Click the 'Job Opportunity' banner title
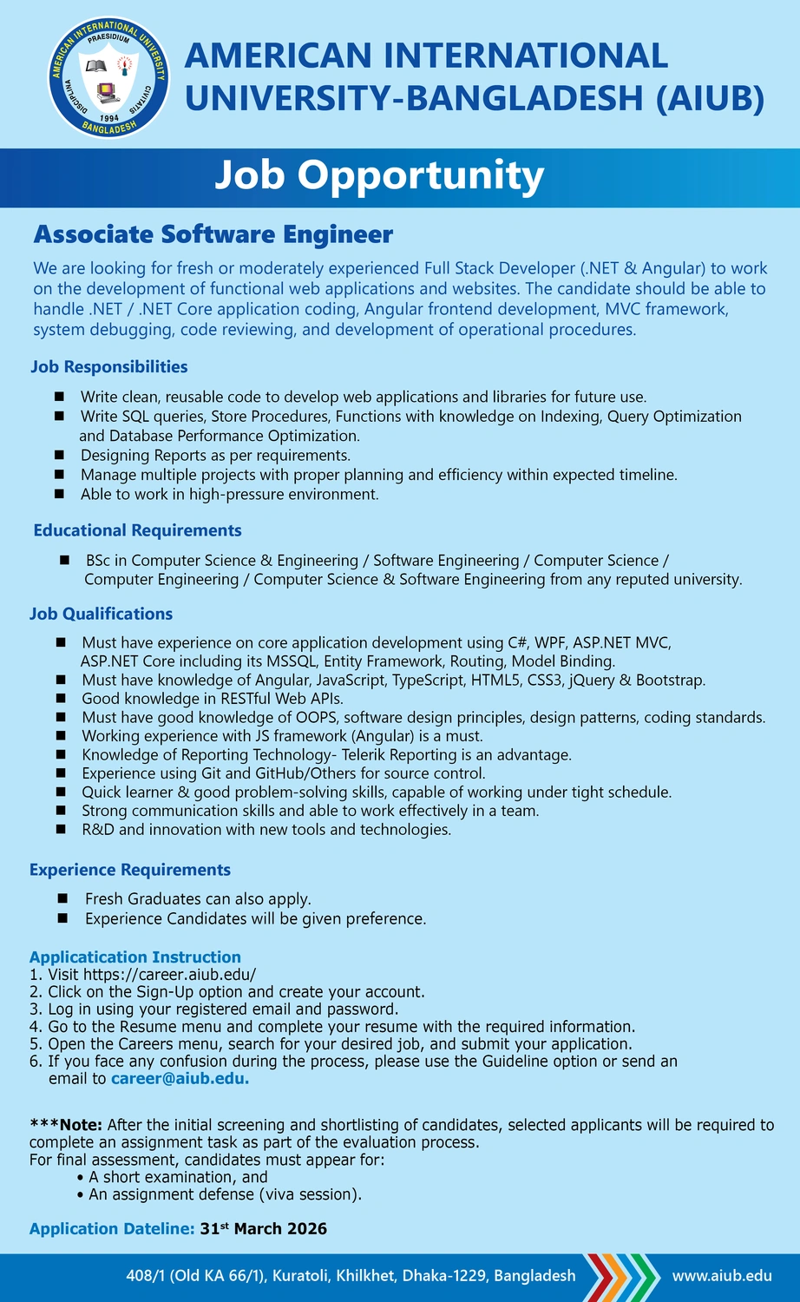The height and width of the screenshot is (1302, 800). pyautogui.click(x=379, y=176)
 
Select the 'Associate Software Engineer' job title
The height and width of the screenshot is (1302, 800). pyautogui.click(x=213, y=234)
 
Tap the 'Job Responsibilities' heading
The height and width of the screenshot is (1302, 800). pyautogui.click(x=109, y=367)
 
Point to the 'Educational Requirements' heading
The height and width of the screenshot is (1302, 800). pyautogui.click(x=137, y=530)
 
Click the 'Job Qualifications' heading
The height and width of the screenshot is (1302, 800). pyautogui.click(x=101, y=614)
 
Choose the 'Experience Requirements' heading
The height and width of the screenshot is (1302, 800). pyautogui.click(x=130, y=870)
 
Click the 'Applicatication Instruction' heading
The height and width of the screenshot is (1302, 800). pyautogui.click(x=135, y=957)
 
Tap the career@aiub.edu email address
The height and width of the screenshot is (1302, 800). pyautogui.click(x=180, y=1079)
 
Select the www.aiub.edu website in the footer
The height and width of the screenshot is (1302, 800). pyautogui.click(x=722, y=1276)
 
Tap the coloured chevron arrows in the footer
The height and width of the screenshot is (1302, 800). pyautogui.click(x=618, y=1276)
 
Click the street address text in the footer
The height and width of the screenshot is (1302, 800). pyautogui.click(x=351, y=1276)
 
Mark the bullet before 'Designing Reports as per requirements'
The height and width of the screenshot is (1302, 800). pyautogui.click(x=59, y=455)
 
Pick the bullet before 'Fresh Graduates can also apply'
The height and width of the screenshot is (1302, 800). pyautogui.click(x=62, y=899)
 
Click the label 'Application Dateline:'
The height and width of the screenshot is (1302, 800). pyautogui.click(x=112, y=1229)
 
